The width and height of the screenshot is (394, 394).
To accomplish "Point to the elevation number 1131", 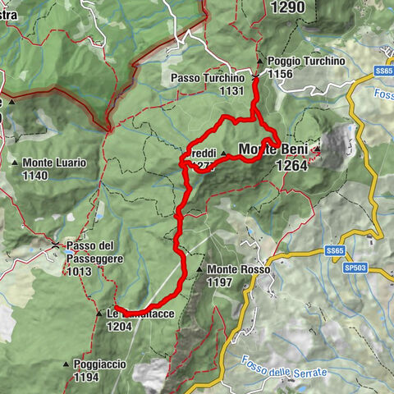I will point(231,90).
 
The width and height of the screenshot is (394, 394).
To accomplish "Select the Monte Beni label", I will point(274,149).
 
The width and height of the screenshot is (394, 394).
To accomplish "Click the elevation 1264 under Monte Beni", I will point(291,165).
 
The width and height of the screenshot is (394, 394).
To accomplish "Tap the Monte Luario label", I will point(54,163).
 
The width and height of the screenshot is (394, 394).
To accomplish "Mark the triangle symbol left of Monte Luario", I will point(16,163).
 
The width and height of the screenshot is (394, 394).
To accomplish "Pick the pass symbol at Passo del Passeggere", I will point(56,245).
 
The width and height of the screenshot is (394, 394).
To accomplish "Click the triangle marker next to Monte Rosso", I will point(199,269).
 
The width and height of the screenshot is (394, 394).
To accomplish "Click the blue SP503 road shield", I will point(355,268).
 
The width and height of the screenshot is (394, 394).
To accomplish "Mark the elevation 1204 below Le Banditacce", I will point(119,326).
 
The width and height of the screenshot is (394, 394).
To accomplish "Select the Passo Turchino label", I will point(208,78).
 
